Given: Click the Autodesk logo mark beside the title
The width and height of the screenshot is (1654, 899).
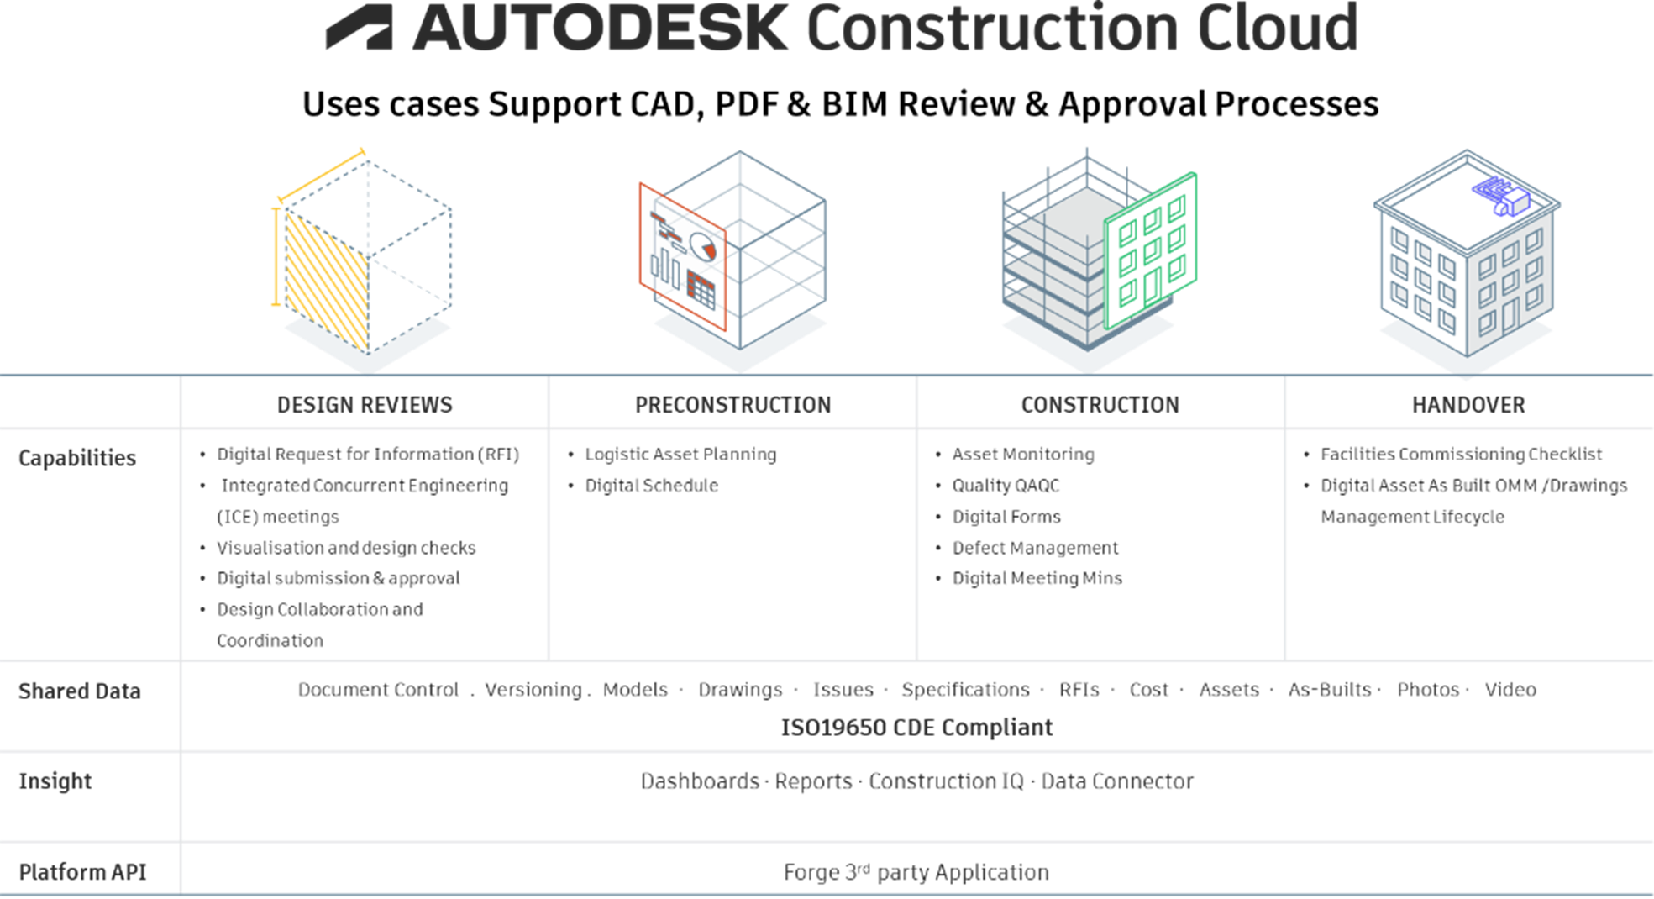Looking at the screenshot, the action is pyautogui.click(x=360, y=27).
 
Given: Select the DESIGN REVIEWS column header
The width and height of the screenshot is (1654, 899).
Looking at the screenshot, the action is pyautogui.click(x=365, y=405).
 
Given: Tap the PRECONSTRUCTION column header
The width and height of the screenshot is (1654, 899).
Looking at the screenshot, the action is pyautogui.click(x=732, y=405).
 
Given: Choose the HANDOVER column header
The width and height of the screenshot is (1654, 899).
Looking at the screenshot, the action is pyautogui.click(x=1468, y=405).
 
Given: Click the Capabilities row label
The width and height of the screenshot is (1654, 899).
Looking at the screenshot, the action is pyautogui.click(x=77, y=458).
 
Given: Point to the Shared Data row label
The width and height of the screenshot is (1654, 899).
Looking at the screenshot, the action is pyautogui.click(x=80, y=691).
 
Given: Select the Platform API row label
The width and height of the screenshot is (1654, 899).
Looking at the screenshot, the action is pyautogui.click(x=82, y=872).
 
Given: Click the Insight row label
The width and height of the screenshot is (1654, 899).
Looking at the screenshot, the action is pyautogui.click(x=55, y=781).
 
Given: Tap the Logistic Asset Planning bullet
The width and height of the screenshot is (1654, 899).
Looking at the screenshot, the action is pyautogui.click(x=680, y=455).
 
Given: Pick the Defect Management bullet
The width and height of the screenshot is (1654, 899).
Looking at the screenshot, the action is pyautogui.click(x=1035, y=548).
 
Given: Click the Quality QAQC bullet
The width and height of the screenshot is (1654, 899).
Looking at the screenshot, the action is pyautogui.click(x=1006, y=486).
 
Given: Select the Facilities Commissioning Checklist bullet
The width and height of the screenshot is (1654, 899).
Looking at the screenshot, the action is pyautogui.click(x=1461, y=455).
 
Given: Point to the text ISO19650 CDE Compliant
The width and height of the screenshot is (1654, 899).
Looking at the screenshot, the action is pyautogui.click(x=916, y=727).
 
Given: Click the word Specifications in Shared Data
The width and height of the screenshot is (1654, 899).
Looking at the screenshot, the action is pyautogui.click(x=965, y=690).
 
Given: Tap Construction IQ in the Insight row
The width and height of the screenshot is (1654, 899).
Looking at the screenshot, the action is pyautogui.click(x=946, y=781).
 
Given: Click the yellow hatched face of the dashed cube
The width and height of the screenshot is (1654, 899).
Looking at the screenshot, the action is pyautogui.click(x=327, y=281).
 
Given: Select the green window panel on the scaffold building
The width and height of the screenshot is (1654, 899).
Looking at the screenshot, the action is pyautogui.click(x=1151, y=250).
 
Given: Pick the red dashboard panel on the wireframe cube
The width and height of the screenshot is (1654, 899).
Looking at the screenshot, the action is pyautogui.click(x=682, y=256).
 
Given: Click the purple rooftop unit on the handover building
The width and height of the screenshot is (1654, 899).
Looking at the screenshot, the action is pyautogui.click(x=1501, y=195).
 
